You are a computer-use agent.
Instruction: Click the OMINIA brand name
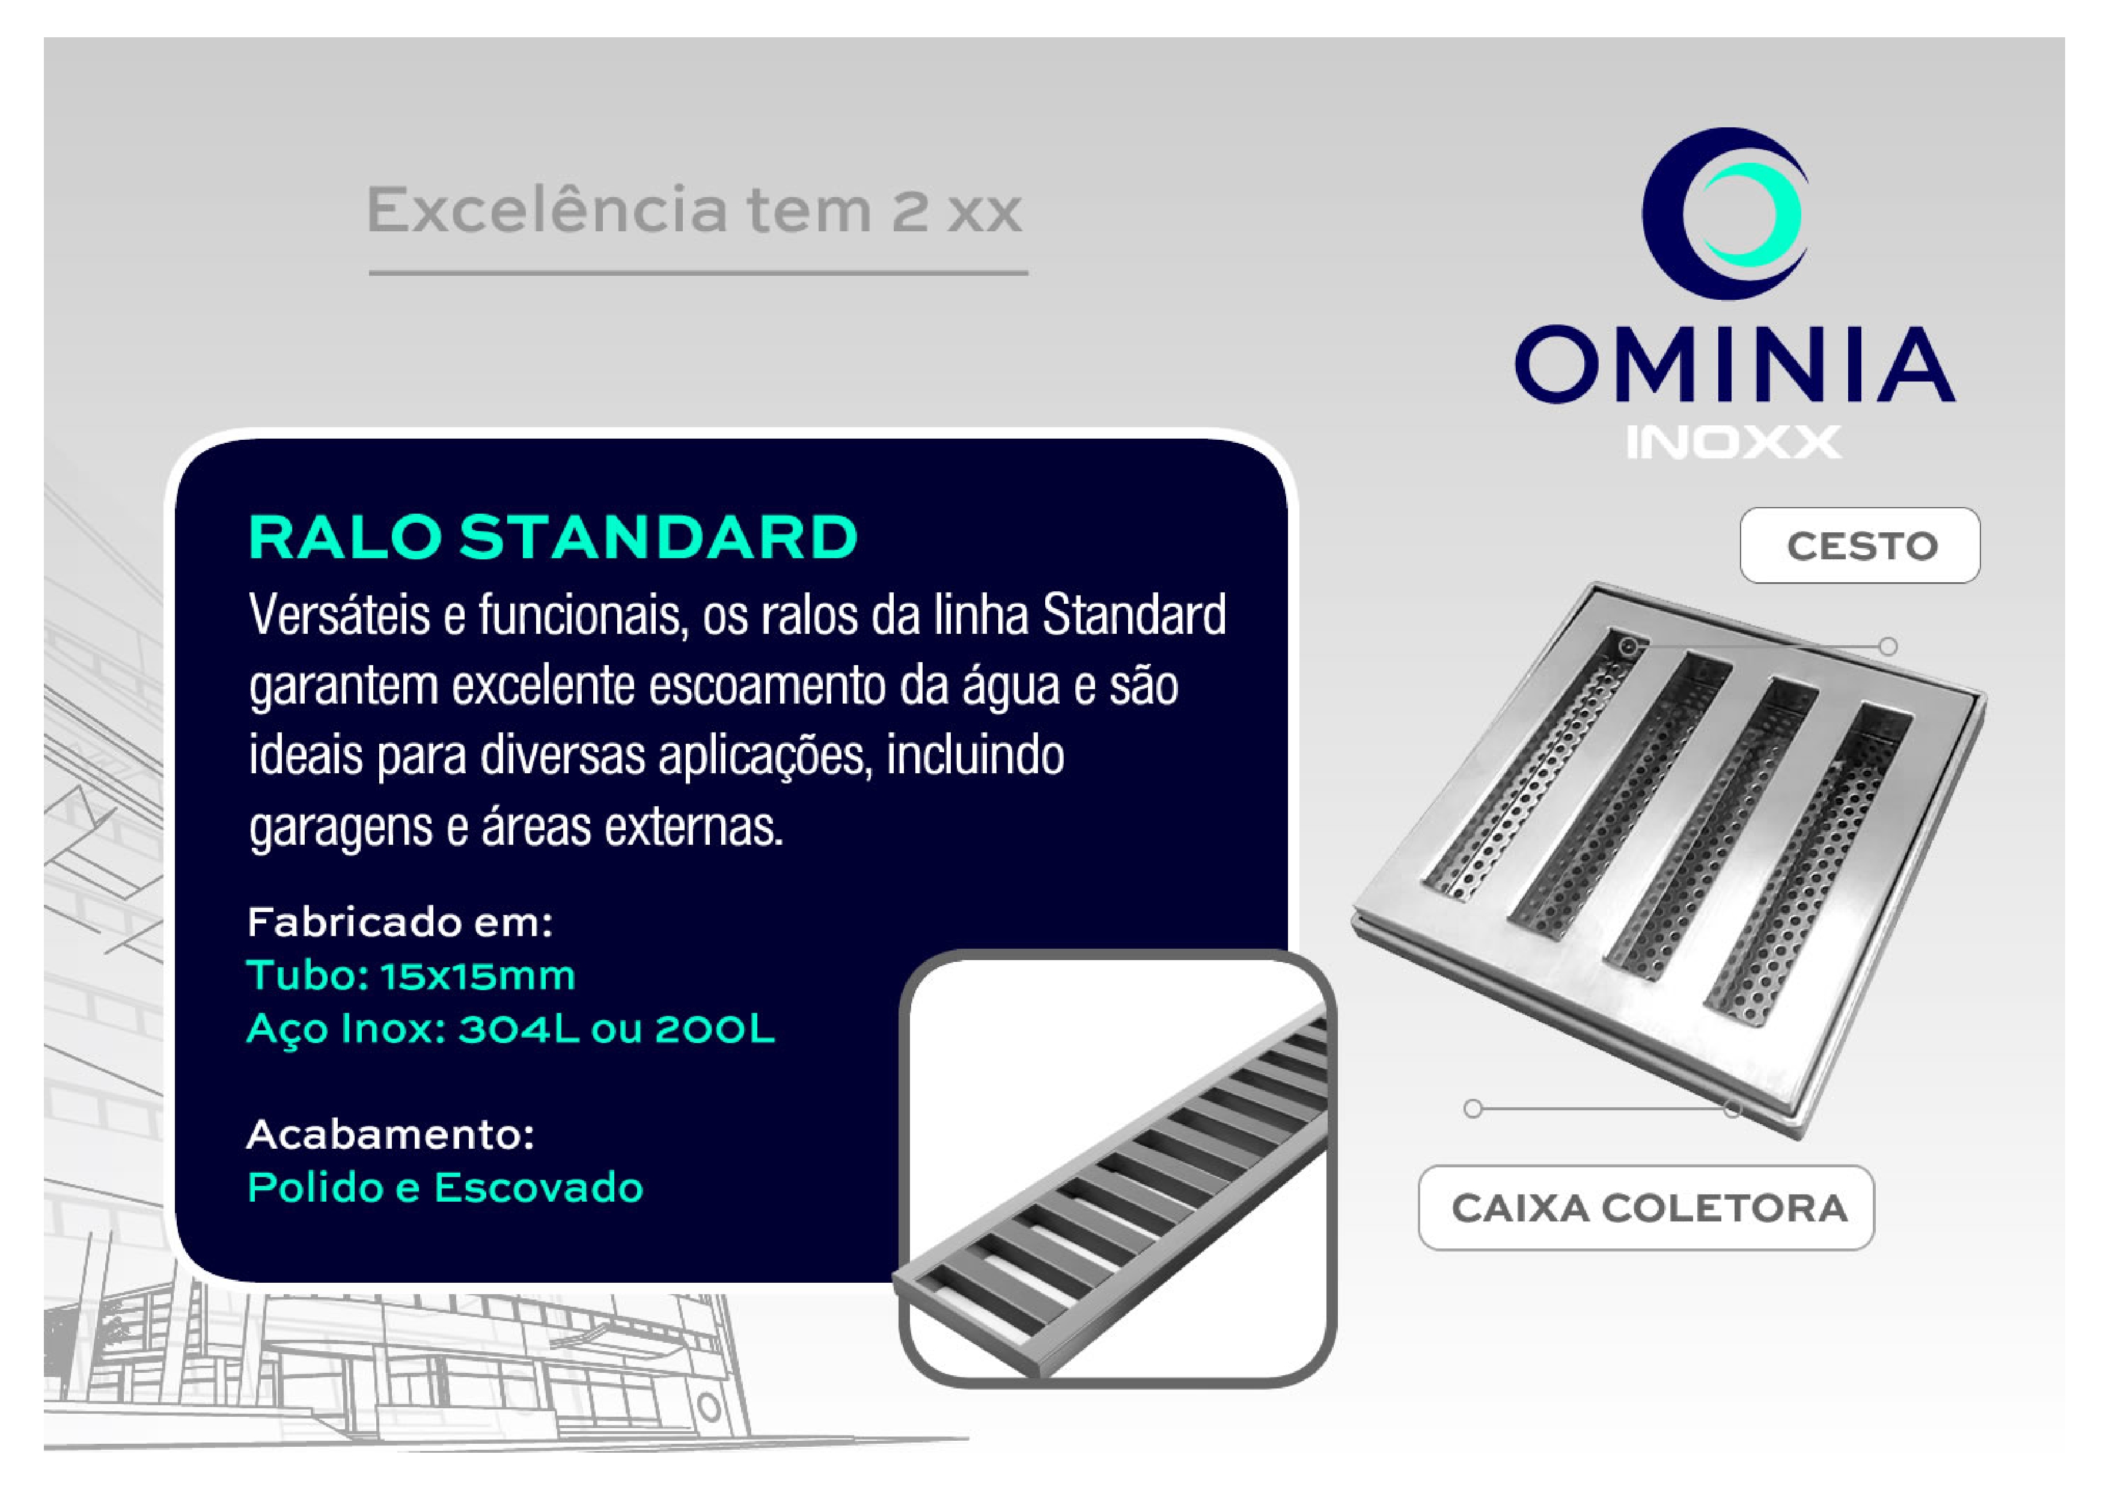(1734, 365)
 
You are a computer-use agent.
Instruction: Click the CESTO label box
(1860, 546)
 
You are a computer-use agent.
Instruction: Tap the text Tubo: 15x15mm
(411, 975)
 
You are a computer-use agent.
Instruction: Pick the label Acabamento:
(391, 1135)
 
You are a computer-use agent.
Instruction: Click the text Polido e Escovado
(445, 1188)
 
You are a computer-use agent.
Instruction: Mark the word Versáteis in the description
(339, 615)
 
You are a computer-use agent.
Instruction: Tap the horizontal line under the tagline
(698, 273)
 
